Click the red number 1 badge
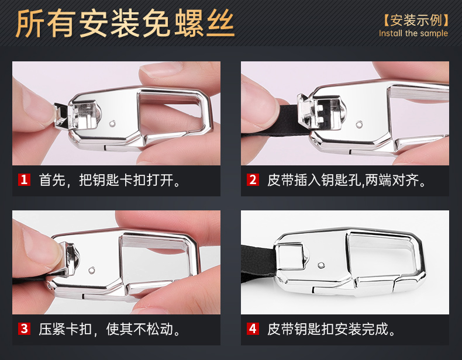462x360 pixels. [x=24, y=179]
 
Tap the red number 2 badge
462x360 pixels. [x=253, y=179]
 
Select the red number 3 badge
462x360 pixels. [x=24, y=328]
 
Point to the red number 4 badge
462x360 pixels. [x=253, y=328]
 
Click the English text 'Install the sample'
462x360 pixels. [x=413, y=33]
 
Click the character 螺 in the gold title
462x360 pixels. [x=189, y=23]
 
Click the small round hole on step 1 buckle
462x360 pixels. [x=112, y=123]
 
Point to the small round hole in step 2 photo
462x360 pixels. [x=359, y=124]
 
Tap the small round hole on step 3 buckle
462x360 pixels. [x=92, y=269]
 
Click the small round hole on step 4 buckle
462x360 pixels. [x=322, y=265]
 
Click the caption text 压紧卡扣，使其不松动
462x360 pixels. [x=109, y=329]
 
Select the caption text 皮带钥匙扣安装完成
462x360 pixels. [x=332, y=329]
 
